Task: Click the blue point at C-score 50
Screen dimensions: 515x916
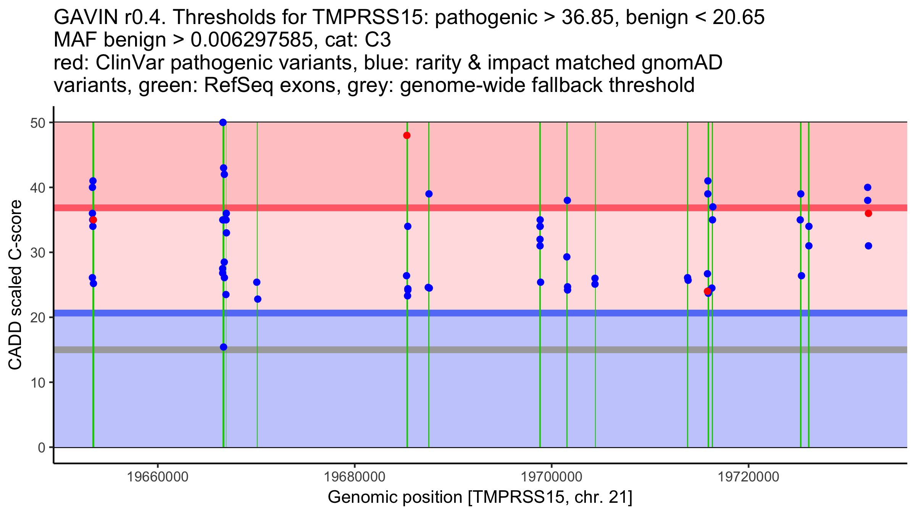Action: (223, 122)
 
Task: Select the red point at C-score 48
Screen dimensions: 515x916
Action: (407, 135)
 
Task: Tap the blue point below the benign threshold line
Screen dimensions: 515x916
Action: (224, 347)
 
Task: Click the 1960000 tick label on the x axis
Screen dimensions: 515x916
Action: (158, 477)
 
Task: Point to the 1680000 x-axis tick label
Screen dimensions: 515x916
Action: (355, 477)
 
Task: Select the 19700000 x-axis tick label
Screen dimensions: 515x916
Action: (552, 477)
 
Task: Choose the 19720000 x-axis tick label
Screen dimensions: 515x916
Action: (748, 477)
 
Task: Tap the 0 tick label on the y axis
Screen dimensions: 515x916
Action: (41, 447)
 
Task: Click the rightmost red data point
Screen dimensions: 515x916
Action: (868, 213)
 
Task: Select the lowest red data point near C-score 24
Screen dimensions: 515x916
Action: (707, 291)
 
